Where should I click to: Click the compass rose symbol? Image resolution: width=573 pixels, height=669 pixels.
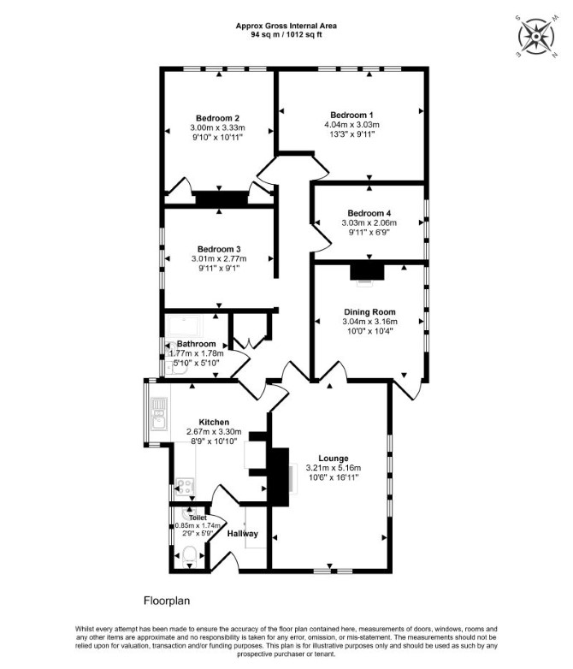tap(536, 36)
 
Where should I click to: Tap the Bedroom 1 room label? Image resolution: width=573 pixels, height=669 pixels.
tap(351, 115)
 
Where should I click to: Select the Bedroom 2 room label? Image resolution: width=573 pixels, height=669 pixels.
tap(217, 118)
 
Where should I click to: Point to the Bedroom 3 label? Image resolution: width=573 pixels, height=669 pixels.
tap(219, 249)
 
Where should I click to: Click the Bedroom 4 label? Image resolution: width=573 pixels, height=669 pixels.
tap(369, 213)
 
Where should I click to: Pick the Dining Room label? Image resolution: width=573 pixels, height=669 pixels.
tap(369, 312)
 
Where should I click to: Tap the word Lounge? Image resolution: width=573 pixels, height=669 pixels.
tap(334, 459)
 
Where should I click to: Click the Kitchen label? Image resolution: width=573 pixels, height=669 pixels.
tap(214, 422)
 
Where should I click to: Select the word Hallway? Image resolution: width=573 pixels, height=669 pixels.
tap(242, 534)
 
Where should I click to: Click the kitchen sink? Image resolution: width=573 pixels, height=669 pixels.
tap(159, 413)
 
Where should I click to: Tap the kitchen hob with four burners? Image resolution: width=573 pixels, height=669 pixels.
tap(186, 487)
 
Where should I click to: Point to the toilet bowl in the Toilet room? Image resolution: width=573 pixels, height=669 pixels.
tap(190, 556)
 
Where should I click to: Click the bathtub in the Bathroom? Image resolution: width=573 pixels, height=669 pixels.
tap(185, 327)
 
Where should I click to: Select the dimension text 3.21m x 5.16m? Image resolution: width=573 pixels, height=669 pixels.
tap(334, 468)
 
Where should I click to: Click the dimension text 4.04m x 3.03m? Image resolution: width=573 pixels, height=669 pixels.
tap(351, 125)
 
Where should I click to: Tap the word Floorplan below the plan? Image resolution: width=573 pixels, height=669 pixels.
tap(167, 601)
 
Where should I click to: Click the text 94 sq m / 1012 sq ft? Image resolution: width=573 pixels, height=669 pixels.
tap(286, 34)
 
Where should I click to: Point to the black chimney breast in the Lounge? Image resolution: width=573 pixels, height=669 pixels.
tap(278, 477)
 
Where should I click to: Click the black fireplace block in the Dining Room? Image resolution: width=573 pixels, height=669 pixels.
tap(367, 272)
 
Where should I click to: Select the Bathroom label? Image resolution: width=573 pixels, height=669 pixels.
tap(196, 344)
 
